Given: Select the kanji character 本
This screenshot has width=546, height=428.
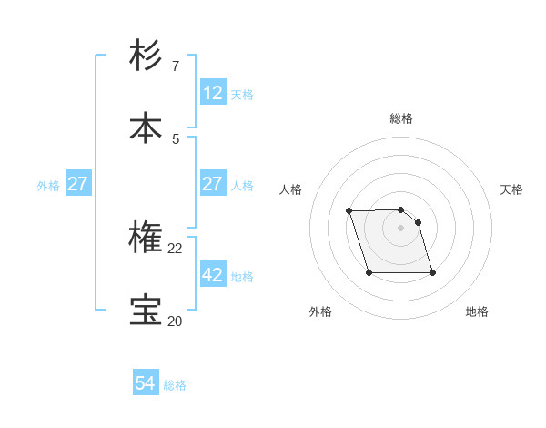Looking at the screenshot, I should pyautogui.click(x=147, y=128).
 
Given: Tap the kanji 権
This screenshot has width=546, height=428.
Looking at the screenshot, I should pyautogui.click(x=147, y=238).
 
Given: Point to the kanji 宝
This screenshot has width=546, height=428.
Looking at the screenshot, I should pyautogui.click(x=147, y=311).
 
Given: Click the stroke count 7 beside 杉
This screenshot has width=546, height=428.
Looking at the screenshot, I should pyautogui.click(x=176, y=66).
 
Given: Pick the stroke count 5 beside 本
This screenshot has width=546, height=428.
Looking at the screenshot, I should pyautogui.click(x=176, y=139).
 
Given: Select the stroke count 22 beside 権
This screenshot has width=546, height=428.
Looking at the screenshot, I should pyautogui.click(x=175, y=249).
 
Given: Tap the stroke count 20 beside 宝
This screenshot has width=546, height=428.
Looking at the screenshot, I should pyautogui.click(x=175, y=321).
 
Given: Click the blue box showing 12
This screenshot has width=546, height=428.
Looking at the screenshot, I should pyautogui.click(x=213, y=92).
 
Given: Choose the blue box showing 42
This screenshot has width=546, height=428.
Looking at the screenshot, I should pyautogui.click(x=213, y=274).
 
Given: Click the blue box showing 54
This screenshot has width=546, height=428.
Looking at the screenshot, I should pyautogui.click(x=146, y=383).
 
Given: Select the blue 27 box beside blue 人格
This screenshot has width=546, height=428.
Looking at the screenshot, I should pyautogui.click(x=213, y=183).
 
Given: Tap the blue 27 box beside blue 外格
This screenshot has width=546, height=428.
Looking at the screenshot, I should pyautogui.click(x=78, y=183).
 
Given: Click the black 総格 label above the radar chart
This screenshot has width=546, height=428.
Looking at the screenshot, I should pyautogui.click(x=401, y=118).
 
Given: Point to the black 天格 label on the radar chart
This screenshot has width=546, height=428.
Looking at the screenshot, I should pyautogui.click(x=511, y=189).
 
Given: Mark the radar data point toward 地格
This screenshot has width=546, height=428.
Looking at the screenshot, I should pyautogui.click(x=432, y=272).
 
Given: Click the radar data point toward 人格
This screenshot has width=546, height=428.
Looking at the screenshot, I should pyautogui.click(x=349, y=211).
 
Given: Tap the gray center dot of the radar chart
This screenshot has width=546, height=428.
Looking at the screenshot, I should pyautogui.click(x=400, y=228).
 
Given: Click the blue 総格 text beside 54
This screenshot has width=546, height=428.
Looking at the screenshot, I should pyautogui.click(x=175, y=385).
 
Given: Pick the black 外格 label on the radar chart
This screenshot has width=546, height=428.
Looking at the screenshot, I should pyautogui.click(x=320, y=311).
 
